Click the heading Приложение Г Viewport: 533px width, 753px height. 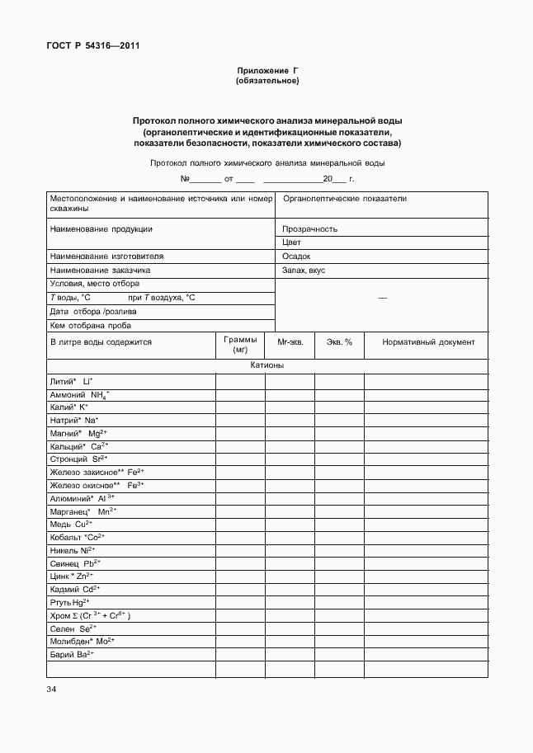coord(266,71)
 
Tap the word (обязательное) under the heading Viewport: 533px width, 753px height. coord(266,82)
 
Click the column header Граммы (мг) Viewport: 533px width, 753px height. coord(240,345)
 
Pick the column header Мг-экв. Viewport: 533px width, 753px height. coord(290,341)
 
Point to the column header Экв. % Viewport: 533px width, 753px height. coord(339,341)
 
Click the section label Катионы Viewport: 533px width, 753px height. coord(267,365)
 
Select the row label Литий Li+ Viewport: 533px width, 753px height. coord(72,381)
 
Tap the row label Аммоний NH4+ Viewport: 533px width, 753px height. coord(80,395)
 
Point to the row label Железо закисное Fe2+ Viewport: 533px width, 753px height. coord(97,472)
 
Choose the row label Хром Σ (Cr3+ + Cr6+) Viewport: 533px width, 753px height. coord(91,615)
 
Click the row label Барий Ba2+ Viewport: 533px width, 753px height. coord(73,654)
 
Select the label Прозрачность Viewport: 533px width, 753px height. coord(309,229)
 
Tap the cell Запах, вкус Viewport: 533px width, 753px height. coord(304,270)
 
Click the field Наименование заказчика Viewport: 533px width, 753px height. coord(101,270)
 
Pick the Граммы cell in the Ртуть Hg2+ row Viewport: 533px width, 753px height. coord(240,602)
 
